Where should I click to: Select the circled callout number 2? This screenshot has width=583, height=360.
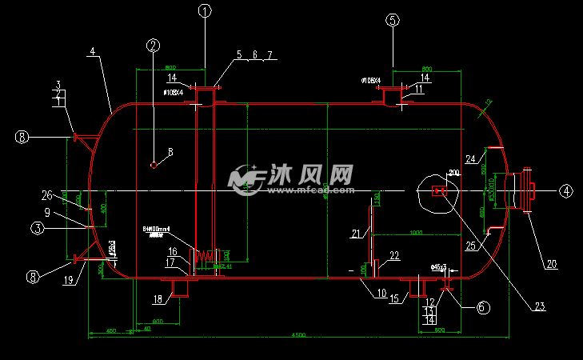(x=154, y=45)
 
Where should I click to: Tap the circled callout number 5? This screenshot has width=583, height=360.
(x=393, y=21)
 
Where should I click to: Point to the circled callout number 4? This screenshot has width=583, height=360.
(x=565, y=191)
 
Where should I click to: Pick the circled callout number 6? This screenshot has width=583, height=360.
(x=482, y=306)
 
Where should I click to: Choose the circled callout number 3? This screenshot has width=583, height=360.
(x=37, y=228)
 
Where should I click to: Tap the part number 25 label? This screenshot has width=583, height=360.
(x=470, y=246)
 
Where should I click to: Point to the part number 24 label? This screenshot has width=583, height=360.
(x=471, y=157)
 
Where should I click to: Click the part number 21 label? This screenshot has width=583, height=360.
(x=356, y=233)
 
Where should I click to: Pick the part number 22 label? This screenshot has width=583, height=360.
(x=393, y=256)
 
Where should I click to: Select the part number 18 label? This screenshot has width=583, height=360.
(x=158, y=299)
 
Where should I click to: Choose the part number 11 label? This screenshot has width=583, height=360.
(x=418, y=90)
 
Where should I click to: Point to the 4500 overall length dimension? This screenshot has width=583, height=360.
(x=297, y=335)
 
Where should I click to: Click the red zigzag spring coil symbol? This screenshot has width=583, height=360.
(x=207, y=256)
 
